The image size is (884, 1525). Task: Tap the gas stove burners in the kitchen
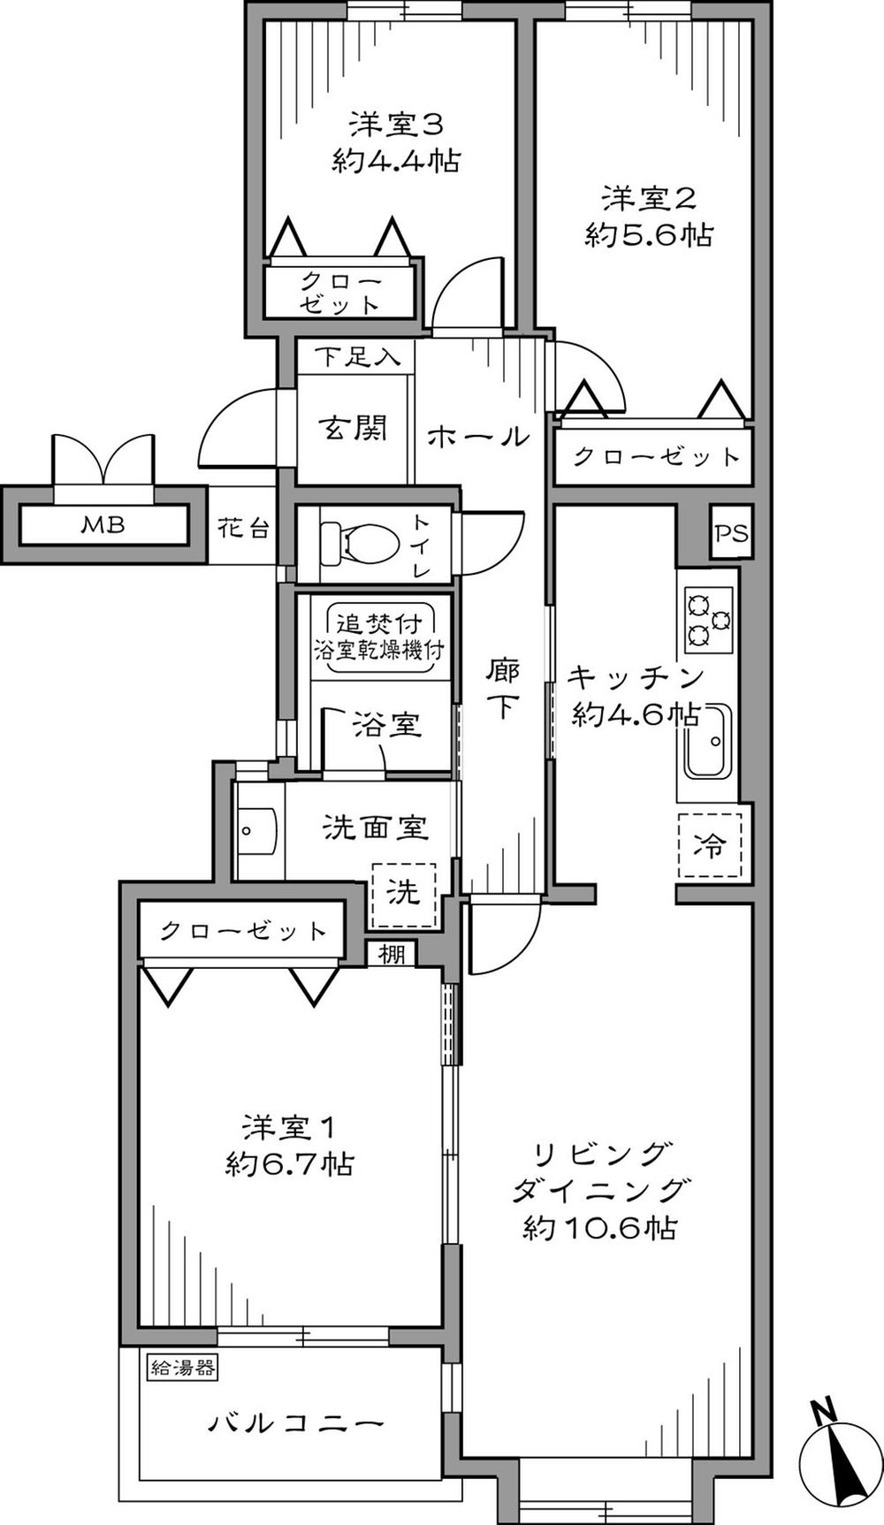point(709,619)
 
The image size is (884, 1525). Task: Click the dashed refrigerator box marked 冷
point(710,845)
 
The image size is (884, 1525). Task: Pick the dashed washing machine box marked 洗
point(404,894)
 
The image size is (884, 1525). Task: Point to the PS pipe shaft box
point(731,533)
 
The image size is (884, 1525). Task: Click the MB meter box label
point(103,525)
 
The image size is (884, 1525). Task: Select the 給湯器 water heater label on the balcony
point(182,1368)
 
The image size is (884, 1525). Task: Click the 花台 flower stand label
point(243,529)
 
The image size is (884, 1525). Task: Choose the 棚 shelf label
point(392,954)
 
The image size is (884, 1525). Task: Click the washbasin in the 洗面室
point(257,831)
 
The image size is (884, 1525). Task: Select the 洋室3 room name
point(394,123)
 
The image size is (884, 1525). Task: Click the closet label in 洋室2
point(655,456)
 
